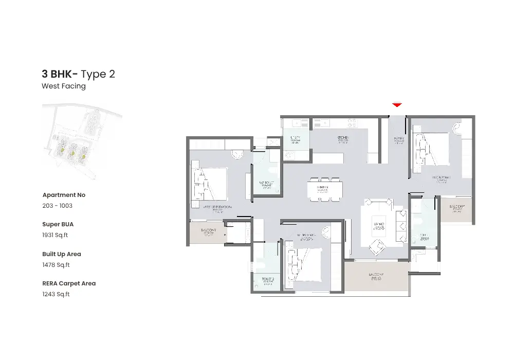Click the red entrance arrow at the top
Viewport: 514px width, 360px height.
coord(396,105)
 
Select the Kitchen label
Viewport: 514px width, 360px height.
coord(343,138)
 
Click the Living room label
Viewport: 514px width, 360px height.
coord(379,225)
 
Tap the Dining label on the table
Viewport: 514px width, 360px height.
coord(322,188)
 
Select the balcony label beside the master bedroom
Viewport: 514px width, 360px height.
coord(208,231)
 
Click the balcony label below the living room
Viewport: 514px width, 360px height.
coord(376,275)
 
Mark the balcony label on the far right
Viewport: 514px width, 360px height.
coord(457,207)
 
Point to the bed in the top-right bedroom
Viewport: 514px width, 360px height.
coord(431,149)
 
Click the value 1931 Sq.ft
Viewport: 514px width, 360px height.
coord(55,235)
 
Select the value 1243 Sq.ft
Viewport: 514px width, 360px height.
coord(56,294)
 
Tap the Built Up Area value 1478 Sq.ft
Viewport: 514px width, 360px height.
coord(56,265)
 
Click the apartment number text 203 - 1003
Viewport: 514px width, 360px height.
coord(57,206)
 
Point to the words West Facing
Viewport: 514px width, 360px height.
coord(64,86)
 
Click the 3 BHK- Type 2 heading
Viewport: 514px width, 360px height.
coord(78,74)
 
